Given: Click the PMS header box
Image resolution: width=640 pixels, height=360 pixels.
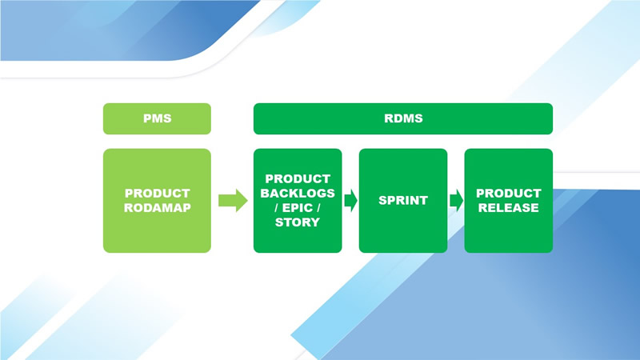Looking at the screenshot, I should [x=157, y=118].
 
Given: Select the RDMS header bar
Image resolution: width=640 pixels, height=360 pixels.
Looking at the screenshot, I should [x=403, y=118].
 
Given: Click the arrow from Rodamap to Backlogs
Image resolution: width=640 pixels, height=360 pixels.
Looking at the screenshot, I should [x=233, y=200].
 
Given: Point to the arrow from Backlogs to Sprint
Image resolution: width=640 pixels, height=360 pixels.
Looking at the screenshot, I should [x=350, y=200].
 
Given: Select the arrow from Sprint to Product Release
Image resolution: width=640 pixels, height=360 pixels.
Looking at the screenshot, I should [x=456, y=200].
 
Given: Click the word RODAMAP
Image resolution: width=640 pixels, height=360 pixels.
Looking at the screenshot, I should [x=157, y=208].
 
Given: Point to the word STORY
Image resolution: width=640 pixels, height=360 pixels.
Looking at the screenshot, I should [x=298, y=222].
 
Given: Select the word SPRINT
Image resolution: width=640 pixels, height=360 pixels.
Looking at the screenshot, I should [x=402, y=200].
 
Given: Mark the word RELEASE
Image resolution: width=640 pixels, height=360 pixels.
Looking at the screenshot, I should [x=508, y=208].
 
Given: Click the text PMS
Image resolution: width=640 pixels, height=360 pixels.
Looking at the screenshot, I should [x=157, y=118].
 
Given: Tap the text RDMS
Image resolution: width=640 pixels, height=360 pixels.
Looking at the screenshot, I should [x=403, y=118].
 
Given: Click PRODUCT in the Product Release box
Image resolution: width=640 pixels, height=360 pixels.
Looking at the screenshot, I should [x=508, y=193].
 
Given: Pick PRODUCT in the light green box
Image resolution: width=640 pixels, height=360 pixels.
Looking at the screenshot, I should [x=157, y=193].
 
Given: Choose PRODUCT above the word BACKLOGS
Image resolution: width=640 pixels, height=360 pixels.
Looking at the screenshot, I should [x=298, y=178].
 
